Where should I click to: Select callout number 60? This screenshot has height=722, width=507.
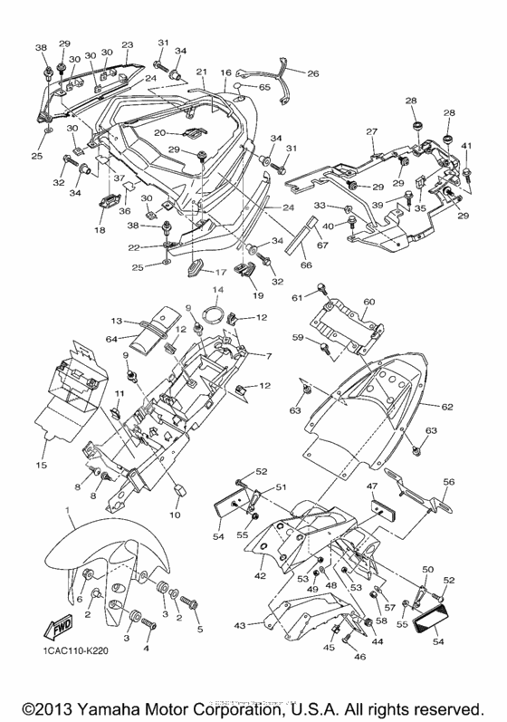[368, 302]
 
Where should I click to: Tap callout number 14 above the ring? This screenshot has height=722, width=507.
[217, 291]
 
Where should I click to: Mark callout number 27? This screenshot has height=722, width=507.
[370, 132]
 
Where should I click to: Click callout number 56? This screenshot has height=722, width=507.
[448, 483]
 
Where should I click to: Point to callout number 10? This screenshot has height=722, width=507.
[174, 515]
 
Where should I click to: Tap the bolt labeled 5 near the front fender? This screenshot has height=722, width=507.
[191, 602]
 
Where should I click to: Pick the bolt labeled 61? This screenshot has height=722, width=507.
[320, 289]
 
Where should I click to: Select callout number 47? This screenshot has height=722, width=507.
[372, 486]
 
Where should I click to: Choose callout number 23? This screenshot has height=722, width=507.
[127, 44]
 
